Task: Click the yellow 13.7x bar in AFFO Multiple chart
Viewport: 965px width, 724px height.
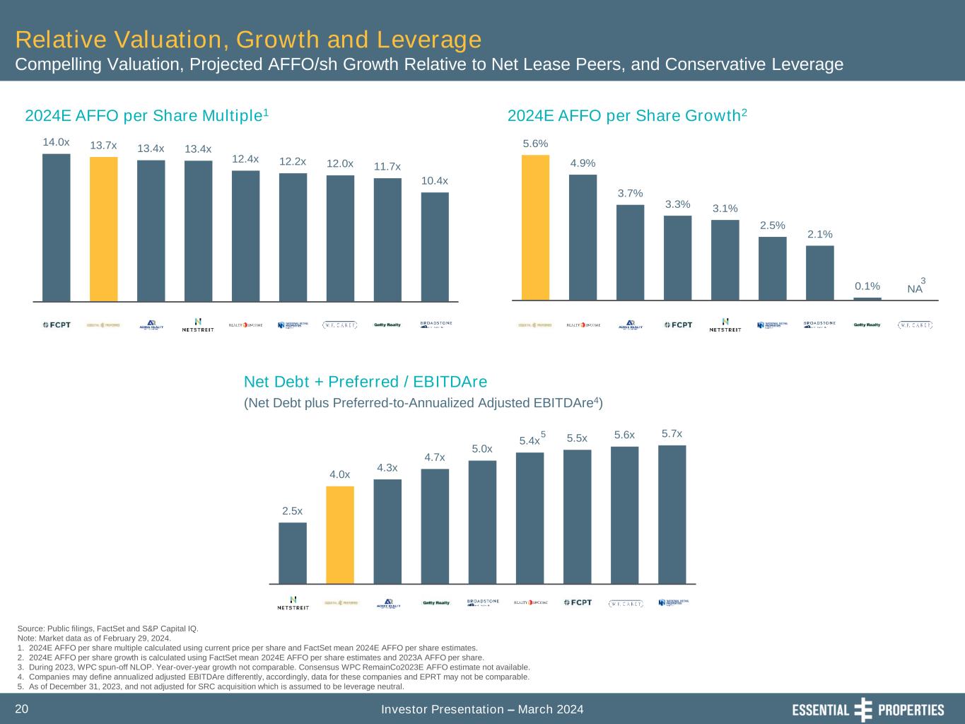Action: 104,229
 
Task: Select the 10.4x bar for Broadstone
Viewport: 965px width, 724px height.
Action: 435,247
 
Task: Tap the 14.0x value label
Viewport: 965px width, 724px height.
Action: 56,142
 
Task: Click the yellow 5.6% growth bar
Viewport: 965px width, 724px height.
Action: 535,228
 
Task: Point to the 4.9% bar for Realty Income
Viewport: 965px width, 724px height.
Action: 583,238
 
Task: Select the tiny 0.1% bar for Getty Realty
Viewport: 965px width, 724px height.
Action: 867,298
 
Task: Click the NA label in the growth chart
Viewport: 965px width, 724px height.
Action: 915,288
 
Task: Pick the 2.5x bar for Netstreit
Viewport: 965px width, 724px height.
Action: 293,553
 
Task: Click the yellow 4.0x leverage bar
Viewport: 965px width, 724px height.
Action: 340,535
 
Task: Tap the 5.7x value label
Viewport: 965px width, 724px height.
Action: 672,433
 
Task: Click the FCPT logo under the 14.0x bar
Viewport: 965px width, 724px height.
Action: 57,325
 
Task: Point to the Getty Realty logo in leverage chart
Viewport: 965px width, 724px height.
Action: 436,603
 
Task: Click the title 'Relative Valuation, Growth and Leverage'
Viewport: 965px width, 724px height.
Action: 248,39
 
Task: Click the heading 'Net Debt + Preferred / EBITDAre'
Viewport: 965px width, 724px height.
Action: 365,383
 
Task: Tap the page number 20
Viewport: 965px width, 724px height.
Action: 22,709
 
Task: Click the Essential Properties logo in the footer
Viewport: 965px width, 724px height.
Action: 867,710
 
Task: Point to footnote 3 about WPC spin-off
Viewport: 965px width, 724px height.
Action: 273,667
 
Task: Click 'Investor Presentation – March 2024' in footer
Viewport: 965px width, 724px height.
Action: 482,709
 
